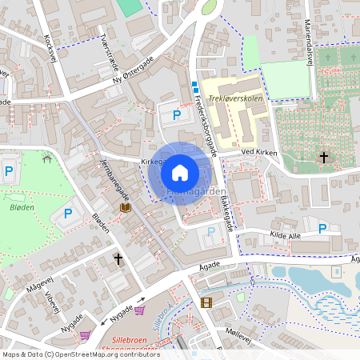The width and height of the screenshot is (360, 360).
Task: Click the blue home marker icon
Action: pyautogui.click(x=180, y=172)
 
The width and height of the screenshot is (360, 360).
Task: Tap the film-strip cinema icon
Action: pyautogui.click(x=207, y=302)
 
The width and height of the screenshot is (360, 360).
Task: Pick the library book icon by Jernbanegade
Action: pyautogui.click(x=125, y=208)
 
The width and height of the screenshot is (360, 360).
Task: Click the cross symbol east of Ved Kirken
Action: pyautogui.click(x=324, y=157)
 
